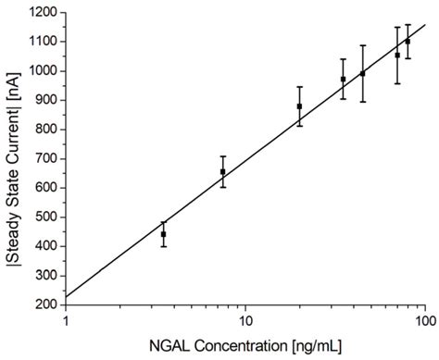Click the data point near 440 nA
pos(163,234)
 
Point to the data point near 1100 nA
pos(408,42)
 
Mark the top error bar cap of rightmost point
pos(408,25)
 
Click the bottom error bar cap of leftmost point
pos(163,246)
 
